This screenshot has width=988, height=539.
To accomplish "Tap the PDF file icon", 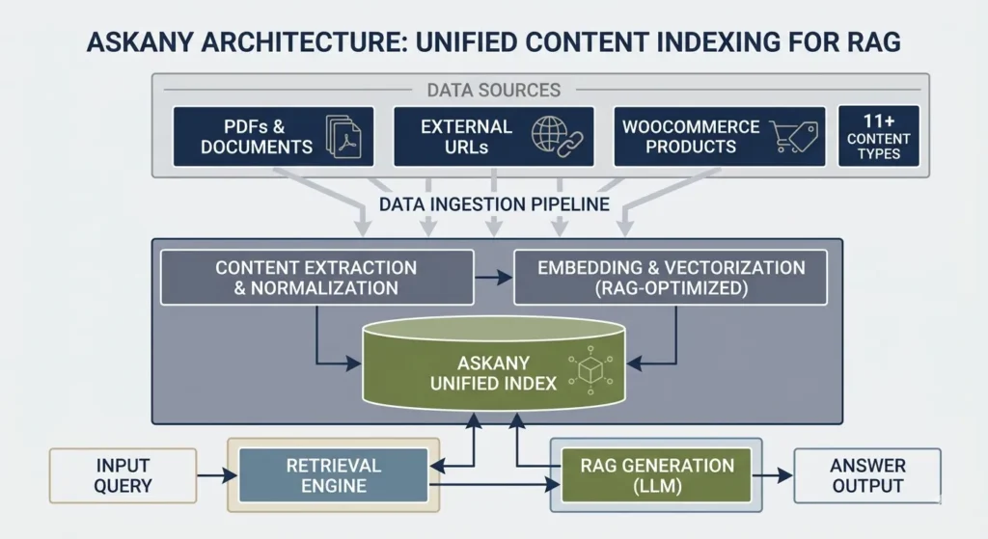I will [342, 136].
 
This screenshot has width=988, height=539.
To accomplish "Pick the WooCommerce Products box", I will [719, 136].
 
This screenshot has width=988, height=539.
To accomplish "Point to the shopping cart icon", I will [795, 137].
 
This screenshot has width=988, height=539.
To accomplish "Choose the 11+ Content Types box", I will [878, 136].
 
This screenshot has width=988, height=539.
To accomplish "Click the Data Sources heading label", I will [493, 90].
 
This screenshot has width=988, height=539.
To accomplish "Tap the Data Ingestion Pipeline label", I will [493, 204].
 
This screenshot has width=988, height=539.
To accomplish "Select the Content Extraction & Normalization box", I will [316, 278].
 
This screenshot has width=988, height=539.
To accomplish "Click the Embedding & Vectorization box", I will [670, 278].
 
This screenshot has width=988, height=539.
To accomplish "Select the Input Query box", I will [123, 475].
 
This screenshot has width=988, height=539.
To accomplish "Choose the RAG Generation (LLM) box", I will [656, 475].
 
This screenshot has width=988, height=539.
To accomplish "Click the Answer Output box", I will [866, 475].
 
